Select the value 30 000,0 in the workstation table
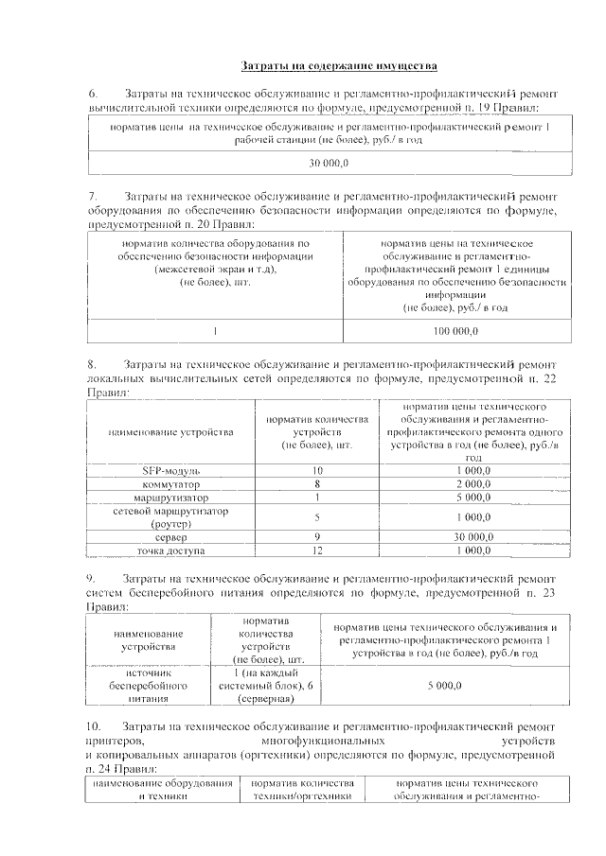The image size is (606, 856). (x=329, y=164)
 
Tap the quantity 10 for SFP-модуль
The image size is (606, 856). (x=317, y=470)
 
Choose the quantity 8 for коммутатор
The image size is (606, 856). (x=317, y=483)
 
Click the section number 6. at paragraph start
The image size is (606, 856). (x=93, y=95)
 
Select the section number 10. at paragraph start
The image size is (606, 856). (x=95, y=725)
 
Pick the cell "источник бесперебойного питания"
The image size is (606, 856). (x=148, y=685)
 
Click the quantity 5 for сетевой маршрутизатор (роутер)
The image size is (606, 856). (x=317, y=516)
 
